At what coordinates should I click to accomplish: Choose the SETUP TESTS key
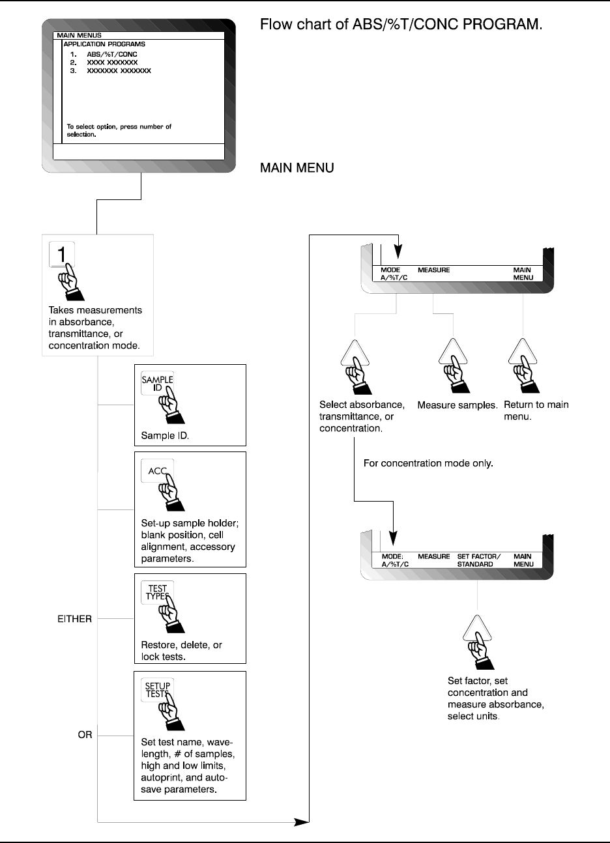(x=157, y=690)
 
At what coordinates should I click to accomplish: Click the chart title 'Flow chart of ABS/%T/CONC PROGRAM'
(x=401, y=25)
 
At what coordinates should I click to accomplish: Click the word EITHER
(x=75, y=619)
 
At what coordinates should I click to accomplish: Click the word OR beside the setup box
(x=85, y=735)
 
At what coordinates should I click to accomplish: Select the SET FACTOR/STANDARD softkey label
(x=478, y=560)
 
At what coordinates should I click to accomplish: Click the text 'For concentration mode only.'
(x=428, y=464)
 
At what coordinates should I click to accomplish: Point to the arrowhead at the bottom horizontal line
(x=301, y=822)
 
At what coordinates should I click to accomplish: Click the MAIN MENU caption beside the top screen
(x=297, y=168)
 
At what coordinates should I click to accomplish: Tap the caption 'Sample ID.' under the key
(x=165, y=435)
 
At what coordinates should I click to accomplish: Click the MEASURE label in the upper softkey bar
(x=434, y=270)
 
